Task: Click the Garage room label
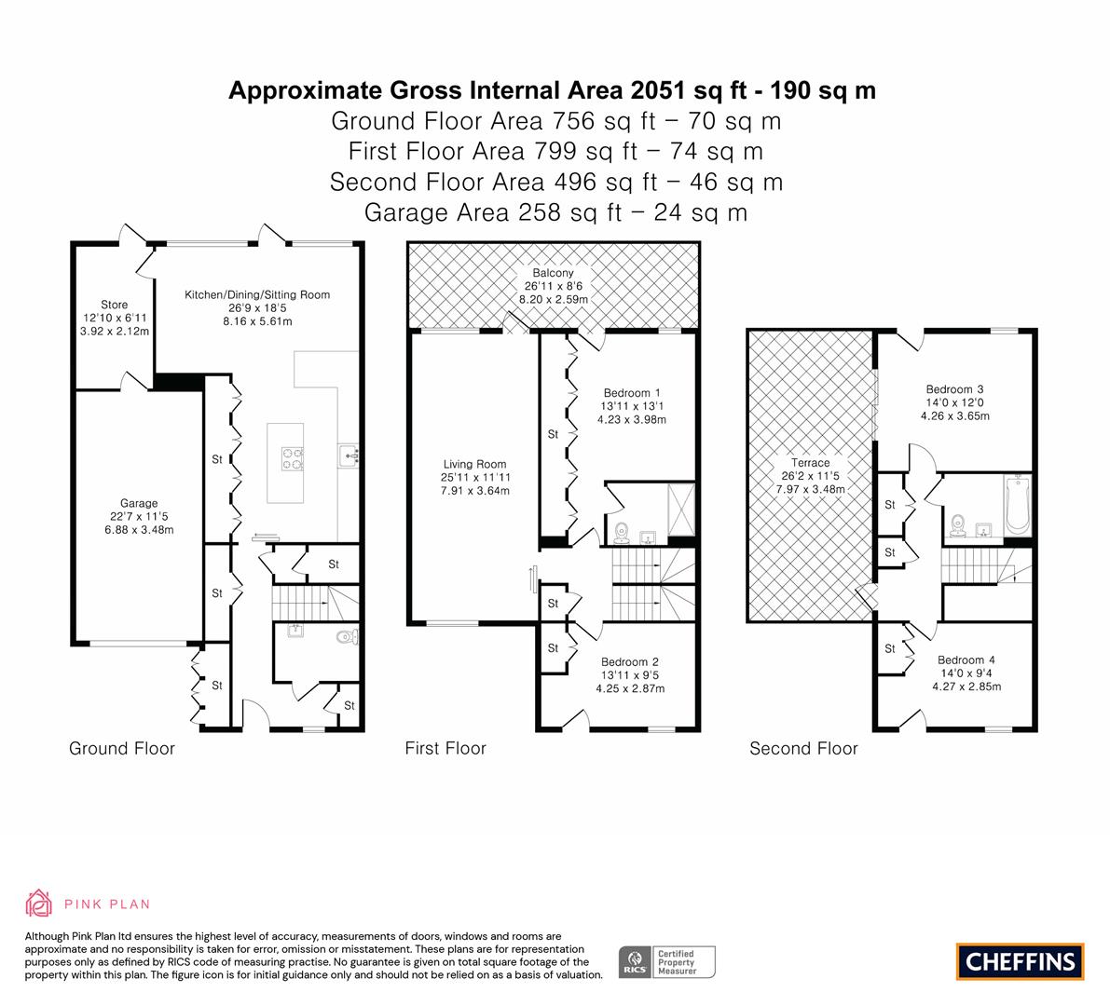point(139,503)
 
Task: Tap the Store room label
point(114,305)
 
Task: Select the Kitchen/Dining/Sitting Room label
point(257,294)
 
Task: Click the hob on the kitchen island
point(293,458)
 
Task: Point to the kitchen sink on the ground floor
point(349,455)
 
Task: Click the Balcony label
point(554,273)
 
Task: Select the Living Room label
point(475,464)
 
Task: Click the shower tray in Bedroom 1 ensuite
point(681,510)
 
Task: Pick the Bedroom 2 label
point(630,662)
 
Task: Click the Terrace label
point(810,463)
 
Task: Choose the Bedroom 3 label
point(955,389)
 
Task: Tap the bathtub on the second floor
point(1017,505)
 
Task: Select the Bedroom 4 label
point(966,660)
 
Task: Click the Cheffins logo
point(1021,961)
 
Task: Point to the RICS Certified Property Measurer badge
point(667,962)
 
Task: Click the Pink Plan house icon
point(39,904)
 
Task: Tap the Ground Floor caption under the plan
point(122,749)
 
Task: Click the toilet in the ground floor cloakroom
point(348,637)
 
